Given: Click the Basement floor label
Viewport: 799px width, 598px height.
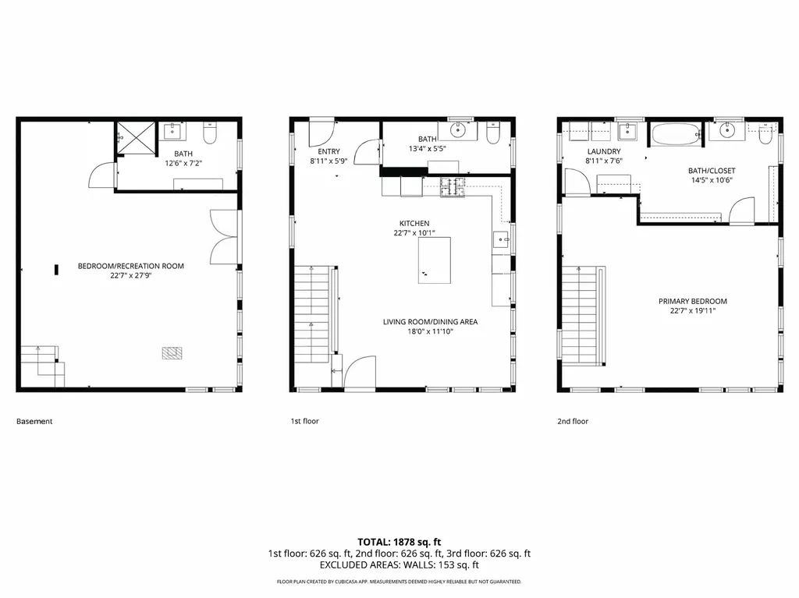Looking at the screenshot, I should point(34,422).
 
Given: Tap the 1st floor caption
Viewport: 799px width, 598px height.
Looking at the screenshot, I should point(305,421).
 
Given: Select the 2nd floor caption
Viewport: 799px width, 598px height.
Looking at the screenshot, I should point(573,421).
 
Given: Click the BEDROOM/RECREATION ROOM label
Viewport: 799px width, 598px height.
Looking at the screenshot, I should point(131,267).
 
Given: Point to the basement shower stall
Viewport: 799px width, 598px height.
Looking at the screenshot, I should point(136,139).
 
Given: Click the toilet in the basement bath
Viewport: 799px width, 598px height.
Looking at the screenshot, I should point(209,136).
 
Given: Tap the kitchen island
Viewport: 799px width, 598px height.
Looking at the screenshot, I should point(434,260).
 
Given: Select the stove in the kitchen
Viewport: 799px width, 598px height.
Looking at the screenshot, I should point(452,187).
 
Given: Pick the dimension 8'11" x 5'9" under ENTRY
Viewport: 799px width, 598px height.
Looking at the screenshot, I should point(328,161).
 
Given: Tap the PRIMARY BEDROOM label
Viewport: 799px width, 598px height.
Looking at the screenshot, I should point(692,302).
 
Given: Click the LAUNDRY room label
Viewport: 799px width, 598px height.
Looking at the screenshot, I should point(604,151).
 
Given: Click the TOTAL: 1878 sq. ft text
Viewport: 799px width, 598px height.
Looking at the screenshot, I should point(399,541).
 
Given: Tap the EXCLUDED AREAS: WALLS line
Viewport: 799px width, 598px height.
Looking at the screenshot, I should point(399,565).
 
